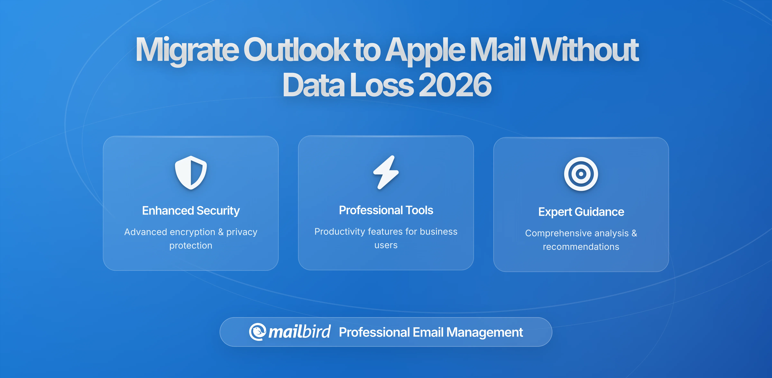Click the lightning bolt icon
(x=386, y=173)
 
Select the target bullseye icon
(x=581, y=174)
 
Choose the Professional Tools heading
(x=386, y=210)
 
